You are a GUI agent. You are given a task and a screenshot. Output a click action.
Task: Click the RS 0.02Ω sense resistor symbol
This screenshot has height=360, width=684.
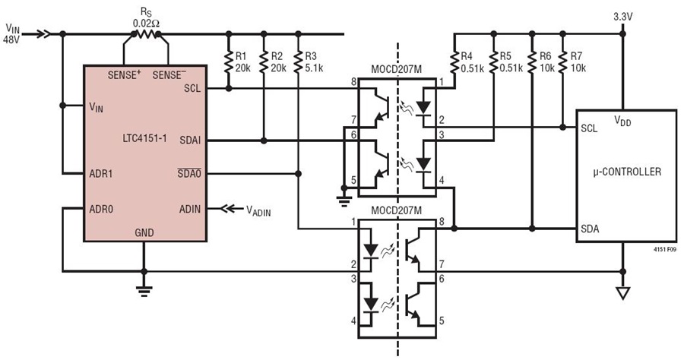coord(146,34)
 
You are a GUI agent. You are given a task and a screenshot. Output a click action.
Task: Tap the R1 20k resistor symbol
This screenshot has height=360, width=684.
coord(229,62)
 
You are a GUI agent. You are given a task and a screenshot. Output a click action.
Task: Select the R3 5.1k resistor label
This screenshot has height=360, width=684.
coord(314,62)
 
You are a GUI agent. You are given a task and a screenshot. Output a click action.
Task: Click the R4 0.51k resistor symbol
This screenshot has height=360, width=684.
coord(454,62)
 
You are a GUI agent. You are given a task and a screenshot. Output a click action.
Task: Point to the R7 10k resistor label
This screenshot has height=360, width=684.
coord(579,62)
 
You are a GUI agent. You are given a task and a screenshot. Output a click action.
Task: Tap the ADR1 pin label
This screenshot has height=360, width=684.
coord(101,174)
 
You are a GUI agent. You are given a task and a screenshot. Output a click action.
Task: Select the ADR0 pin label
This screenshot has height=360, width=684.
coord(101,209)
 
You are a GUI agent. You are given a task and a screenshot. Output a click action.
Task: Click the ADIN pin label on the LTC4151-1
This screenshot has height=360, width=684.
coord(190,209)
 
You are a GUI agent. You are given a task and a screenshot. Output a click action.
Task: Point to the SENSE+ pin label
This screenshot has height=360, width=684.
coord(125,74)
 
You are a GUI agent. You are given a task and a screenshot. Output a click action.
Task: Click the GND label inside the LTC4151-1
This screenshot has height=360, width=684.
coord(144,232)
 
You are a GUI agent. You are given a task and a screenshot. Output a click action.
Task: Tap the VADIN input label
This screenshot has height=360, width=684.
coord(258,210)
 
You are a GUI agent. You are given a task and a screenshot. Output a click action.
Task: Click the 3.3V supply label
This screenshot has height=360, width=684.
coord(623,17)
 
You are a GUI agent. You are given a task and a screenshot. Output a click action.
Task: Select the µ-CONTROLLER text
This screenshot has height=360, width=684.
coord(627,172)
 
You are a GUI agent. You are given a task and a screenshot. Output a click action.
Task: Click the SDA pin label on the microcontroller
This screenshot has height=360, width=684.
coord(590,229)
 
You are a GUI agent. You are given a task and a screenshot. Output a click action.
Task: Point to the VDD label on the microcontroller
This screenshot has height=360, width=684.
coord(622,121)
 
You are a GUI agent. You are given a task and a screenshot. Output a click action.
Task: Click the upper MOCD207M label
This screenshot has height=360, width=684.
coord(397,70)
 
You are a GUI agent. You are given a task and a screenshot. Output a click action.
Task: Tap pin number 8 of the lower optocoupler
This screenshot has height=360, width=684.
coord(442,222)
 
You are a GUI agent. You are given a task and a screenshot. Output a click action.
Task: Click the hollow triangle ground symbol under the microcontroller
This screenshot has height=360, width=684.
coord(623,293)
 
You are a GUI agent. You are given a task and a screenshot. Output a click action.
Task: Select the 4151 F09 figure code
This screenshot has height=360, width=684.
coord(665,250)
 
